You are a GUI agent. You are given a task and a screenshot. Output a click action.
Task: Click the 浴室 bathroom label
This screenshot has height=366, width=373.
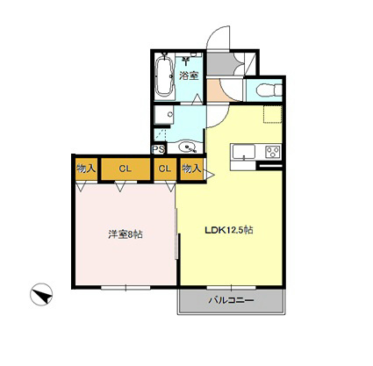coord(189,75)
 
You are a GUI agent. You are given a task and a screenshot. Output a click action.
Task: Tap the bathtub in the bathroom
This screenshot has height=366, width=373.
coord(164,76)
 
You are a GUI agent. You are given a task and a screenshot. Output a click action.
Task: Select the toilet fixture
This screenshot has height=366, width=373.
coord(269,90)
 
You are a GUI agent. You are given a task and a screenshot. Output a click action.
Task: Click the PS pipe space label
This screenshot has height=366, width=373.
coord(159,149)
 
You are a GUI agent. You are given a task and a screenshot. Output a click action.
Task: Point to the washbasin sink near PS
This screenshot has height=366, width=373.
coord(187,147)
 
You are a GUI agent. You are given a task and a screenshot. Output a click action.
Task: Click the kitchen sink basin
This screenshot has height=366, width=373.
coord(243,152)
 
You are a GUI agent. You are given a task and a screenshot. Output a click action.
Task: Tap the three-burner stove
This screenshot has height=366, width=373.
coord(273,153)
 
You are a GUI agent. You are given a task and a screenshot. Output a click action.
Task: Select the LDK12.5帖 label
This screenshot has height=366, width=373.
coord(228,230)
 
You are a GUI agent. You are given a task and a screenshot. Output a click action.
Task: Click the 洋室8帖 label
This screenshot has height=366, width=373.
coord(126,234)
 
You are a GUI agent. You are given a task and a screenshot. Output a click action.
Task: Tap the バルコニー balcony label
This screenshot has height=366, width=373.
coord(231,300)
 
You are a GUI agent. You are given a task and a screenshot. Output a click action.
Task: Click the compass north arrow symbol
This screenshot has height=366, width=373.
coord(41,294)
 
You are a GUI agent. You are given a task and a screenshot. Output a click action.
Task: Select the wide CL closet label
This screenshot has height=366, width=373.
coord(126,169)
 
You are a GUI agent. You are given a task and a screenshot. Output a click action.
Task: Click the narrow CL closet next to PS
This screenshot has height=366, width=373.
coord(165,169)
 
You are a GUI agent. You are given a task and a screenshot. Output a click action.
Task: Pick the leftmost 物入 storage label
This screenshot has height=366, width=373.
coord(86,169)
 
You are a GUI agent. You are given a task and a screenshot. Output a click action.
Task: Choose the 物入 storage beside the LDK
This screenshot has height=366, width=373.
coord(191,169)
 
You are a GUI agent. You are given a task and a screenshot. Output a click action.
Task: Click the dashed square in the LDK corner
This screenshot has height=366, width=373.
coord(273,114)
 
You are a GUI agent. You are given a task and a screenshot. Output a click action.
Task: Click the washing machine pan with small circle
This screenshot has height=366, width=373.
coord(164,114)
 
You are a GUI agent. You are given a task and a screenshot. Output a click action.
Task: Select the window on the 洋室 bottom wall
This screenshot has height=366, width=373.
coord(126,288)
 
